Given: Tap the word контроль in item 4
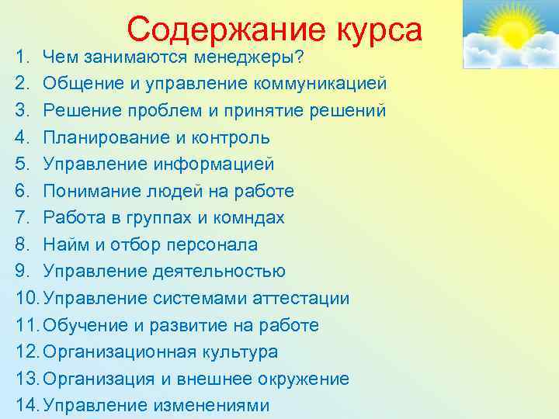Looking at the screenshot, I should coord(233,137).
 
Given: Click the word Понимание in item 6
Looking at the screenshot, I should coord(86,191).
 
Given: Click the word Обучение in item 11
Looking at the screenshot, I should coord(82,325).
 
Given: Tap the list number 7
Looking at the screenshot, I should coord(21,218).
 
